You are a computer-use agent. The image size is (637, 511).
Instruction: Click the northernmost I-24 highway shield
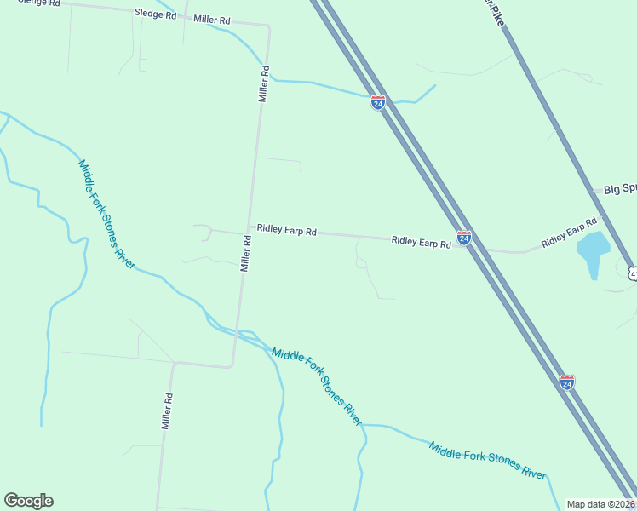click(x=378, y=102)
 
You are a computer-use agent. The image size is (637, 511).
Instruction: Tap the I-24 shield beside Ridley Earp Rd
click(x=463, y=238)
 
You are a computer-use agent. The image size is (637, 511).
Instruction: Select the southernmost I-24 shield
click(x=567, y=382)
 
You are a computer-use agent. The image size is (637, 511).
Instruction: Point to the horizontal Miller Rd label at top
click(x=212, y=20)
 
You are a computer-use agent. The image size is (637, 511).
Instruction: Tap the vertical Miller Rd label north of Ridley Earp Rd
click(x=264, y=84)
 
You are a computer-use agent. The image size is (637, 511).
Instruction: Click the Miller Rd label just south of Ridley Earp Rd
click(x=245, y=254)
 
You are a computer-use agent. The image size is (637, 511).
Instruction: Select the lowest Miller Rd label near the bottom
click(x=168, y=411)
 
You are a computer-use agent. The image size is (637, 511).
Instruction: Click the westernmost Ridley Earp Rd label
click(x=287, y=231)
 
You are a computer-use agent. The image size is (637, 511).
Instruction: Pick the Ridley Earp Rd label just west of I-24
click(x=421, y=242)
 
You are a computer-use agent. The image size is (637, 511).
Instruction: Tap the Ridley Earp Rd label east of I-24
click(x=569, y=233)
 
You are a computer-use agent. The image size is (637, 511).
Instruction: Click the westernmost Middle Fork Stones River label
click(x=106, y=214)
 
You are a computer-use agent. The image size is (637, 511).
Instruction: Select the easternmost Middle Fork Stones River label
click(x=487, y=462)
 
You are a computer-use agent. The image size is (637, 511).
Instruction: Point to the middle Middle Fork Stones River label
click(x=317, y=388)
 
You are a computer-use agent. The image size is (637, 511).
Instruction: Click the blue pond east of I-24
click(x=593, y=250)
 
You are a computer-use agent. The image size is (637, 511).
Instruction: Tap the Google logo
click(x=28, y=501)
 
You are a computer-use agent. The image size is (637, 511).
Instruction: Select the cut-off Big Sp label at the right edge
click(x=620, y=189)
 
